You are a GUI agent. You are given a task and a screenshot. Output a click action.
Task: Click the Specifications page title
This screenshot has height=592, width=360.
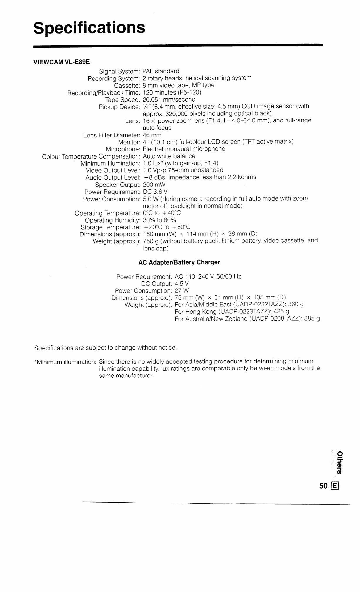pos(89,28)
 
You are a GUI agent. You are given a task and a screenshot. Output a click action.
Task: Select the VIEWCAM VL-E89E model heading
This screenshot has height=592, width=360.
pos(62,62)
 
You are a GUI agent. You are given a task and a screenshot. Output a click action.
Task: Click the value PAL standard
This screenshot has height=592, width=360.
pos(161,71)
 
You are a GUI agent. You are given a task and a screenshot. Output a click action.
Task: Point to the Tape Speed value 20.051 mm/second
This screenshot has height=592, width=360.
pos(169,100)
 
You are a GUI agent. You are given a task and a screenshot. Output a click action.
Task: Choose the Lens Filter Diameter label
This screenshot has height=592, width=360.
pos(112,135)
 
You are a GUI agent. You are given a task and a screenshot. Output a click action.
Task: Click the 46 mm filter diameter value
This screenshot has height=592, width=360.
pos(152,135)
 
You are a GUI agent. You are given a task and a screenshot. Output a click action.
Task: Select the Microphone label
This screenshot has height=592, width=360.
pos(123,149)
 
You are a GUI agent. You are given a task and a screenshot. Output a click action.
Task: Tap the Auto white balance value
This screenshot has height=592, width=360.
pos(169,156)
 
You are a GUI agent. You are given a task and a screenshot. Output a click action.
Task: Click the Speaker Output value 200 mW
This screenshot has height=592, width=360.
pos(154,185)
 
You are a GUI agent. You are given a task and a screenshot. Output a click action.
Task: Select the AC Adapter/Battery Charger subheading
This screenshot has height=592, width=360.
pos(179,262)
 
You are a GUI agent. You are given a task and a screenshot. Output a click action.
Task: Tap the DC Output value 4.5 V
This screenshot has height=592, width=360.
pos(182,284)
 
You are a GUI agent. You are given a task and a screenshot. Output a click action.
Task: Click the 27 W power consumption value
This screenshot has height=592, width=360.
pos(182,291)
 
